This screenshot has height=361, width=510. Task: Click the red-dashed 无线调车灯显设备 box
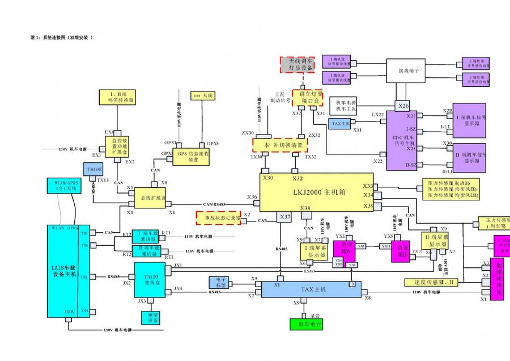point(300,64)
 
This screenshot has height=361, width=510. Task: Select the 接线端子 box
point(407,71)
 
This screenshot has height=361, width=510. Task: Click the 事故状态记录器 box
point(218,217)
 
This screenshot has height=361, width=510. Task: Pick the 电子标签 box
point(222,282)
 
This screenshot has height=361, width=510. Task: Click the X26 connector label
point(403,106)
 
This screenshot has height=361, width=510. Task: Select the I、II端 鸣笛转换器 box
point(116,96)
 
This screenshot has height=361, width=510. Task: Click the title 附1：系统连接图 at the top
point(61,37)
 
